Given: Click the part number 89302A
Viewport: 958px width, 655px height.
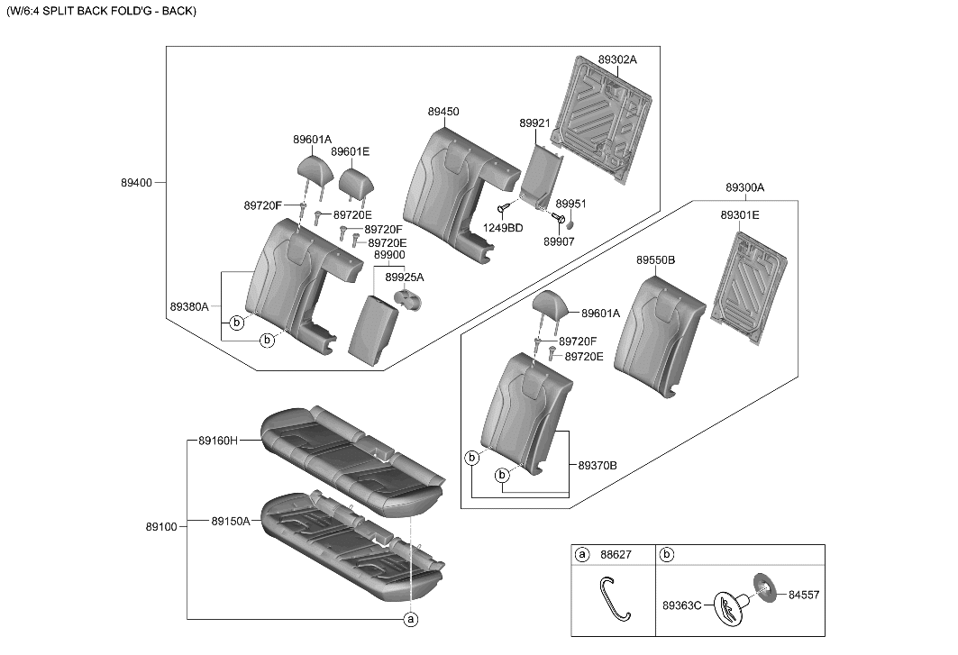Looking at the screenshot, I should point(617,59).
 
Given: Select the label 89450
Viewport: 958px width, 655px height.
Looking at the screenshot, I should point(443,112).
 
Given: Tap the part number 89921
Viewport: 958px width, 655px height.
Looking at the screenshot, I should point(534,122).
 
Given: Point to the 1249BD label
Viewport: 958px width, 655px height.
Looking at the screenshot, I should point(503,228).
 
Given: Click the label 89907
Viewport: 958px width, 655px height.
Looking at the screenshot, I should point(559,241).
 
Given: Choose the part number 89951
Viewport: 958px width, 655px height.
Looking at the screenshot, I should point(570,205).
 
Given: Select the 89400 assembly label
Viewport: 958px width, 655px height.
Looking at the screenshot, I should point(137,182).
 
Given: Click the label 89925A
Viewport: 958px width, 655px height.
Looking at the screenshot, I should point(405,277).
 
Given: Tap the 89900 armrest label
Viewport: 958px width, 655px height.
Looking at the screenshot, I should point(389,256).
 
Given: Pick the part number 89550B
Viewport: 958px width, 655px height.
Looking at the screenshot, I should point(656,259).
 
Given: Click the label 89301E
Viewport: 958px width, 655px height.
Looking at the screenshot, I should point(739,215).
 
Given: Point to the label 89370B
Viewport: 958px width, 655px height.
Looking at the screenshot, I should point(598,466).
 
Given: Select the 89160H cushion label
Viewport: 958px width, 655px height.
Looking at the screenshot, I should point(218,441).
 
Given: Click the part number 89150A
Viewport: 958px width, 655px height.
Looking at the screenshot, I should point(231,521).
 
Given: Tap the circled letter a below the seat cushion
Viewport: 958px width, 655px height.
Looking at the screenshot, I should point(411,619).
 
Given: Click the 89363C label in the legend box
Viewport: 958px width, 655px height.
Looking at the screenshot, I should point(682,605).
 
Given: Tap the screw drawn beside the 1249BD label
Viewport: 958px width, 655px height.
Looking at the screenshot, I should point(505,209).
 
